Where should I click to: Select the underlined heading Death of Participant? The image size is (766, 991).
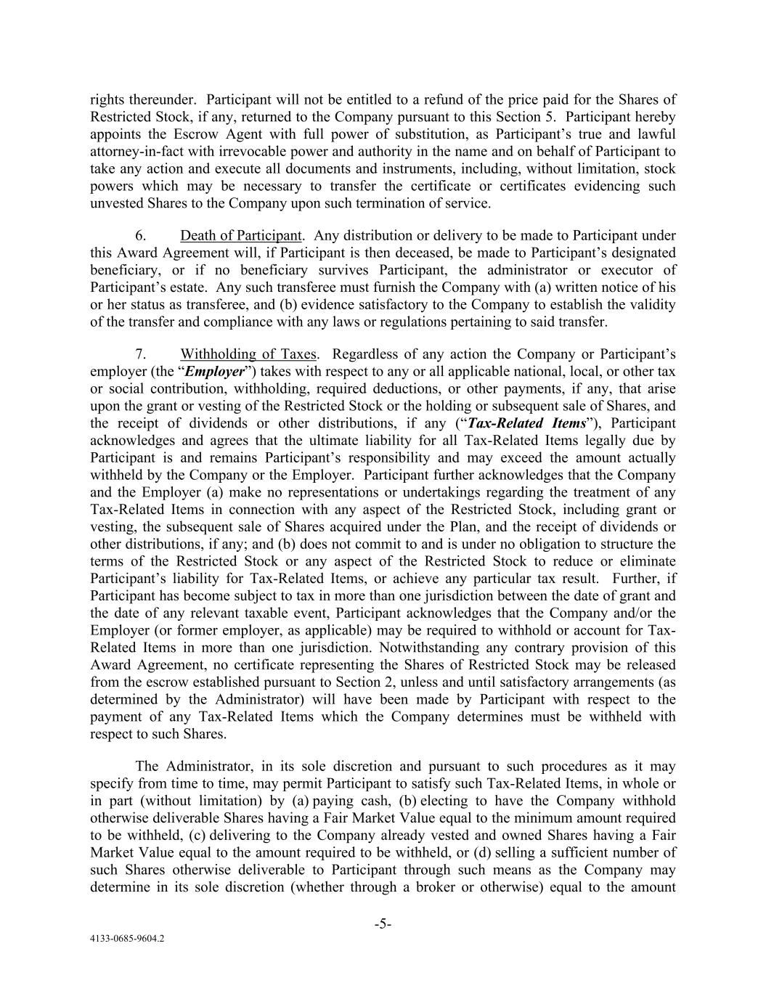click(x=241, y=236)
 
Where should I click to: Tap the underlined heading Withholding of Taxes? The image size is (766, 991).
click(x=248, y=354)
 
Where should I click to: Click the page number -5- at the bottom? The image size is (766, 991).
click(x=383, y=924)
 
